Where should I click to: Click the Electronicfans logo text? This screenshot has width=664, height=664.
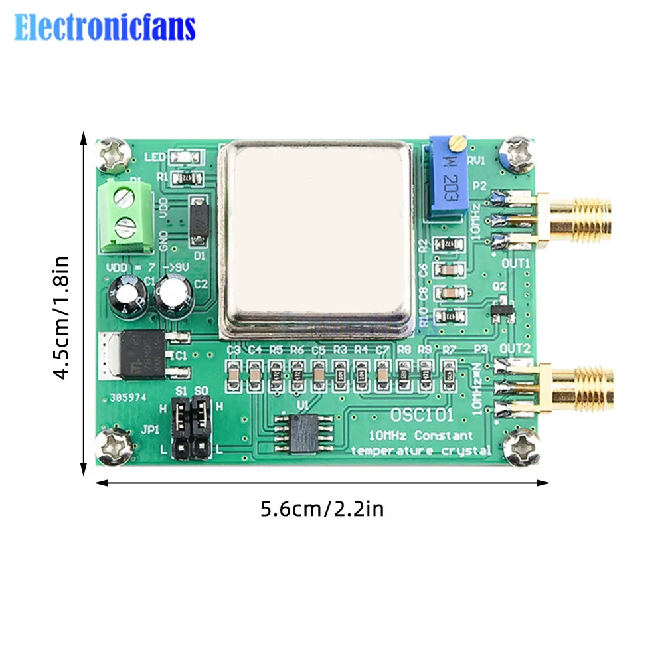[x=105, y=28]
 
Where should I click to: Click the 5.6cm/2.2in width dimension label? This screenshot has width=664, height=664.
[x=322, y=509]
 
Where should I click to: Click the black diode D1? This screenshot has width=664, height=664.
[x=198, y=220]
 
